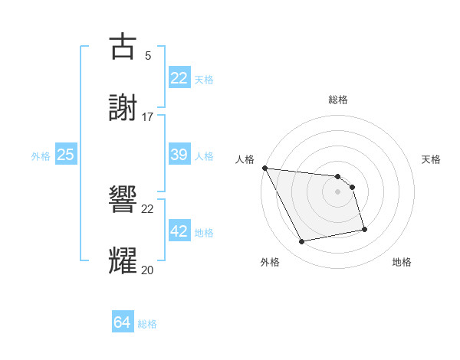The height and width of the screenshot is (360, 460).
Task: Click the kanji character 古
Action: tap(123, 46)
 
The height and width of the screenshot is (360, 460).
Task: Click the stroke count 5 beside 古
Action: tap(148, 55)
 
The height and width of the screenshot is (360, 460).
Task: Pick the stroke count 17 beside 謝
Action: tap(148, 116)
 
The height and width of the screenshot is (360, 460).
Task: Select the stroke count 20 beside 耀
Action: tap(148, 270)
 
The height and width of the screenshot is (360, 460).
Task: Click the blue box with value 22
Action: tap(179, 78)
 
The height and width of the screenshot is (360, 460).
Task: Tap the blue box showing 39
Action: tap(179, 155)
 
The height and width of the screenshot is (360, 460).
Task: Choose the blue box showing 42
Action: tap(179, 231)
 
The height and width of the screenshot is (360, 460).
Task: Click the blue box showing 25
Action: tap(65, 155)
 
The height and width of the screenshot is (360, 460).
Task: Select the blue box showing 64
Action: tap(122, 322)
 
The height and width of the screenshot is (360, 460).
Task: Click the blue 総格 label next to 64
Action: tap(147, 324)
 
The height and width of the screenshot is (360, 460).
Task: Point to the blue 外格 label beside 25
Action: tap(41, 156)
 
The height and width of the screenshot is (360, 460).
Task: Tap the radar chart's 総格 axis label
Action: tap(338, 100)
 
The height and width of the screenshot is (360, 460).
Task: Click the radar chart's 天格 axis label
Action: tap(432, 159)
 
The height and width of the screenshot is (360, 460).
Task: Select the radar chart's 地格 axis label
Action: tap(402, 262)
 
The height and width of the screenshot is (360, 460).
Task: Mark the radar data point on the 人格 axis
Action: tap(264, 168)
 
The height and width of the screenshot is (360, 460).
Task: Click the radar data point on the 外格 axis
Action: tap(302, 242)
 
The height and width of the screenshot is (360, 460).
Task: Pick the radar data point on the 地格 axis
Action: tap(364, 229)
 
